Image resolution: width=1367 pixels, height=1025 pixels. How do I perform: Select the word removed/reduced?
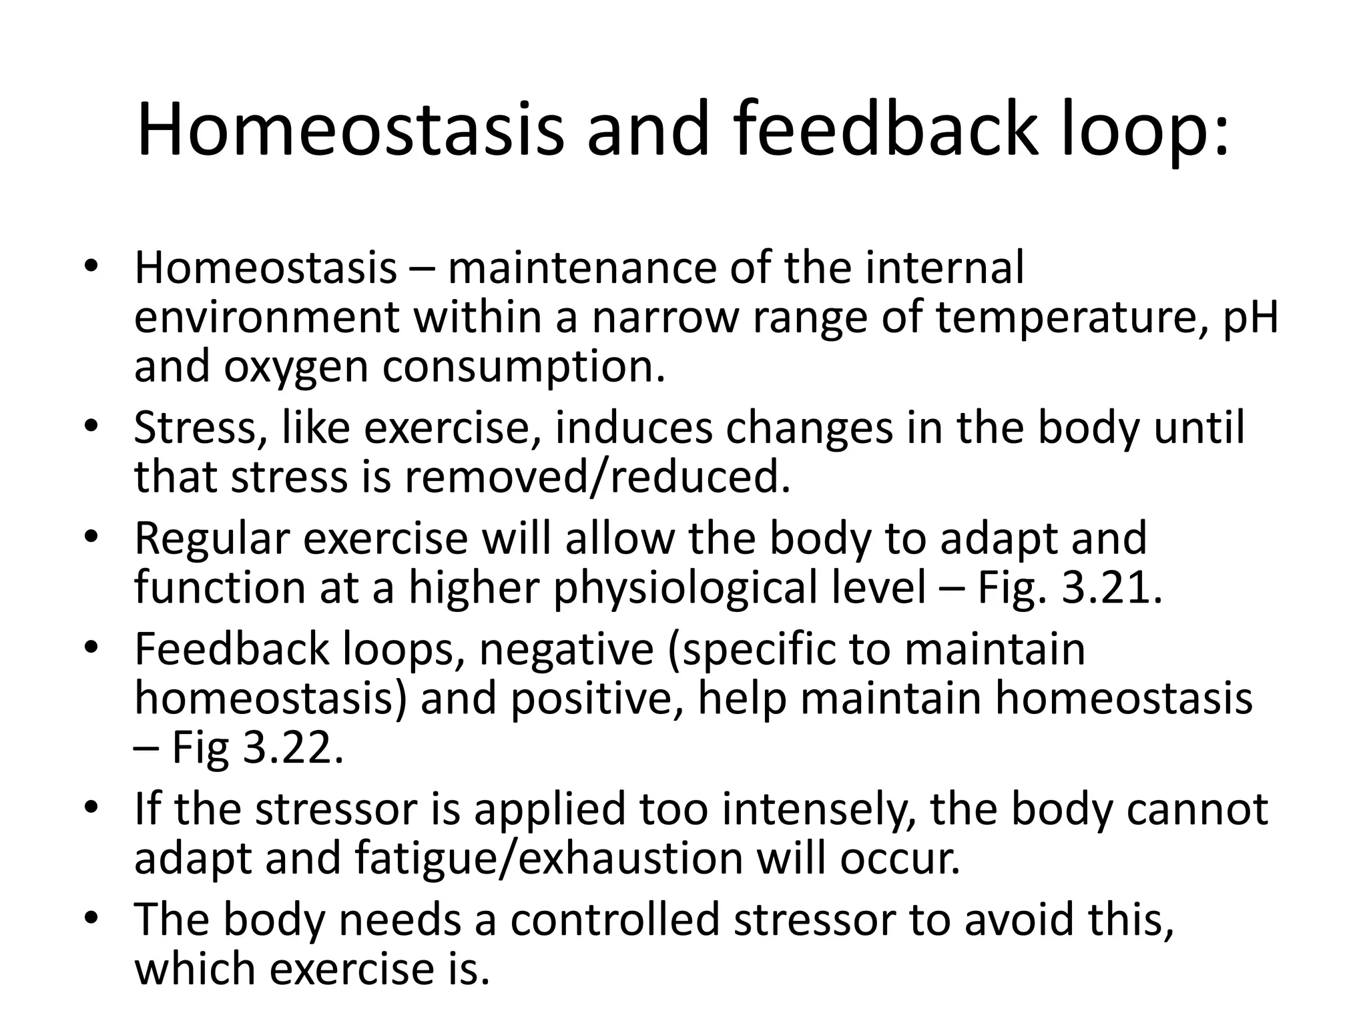point(597,478)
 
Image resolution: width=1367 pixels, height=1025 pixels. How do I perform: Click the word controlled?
point(615,919)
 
